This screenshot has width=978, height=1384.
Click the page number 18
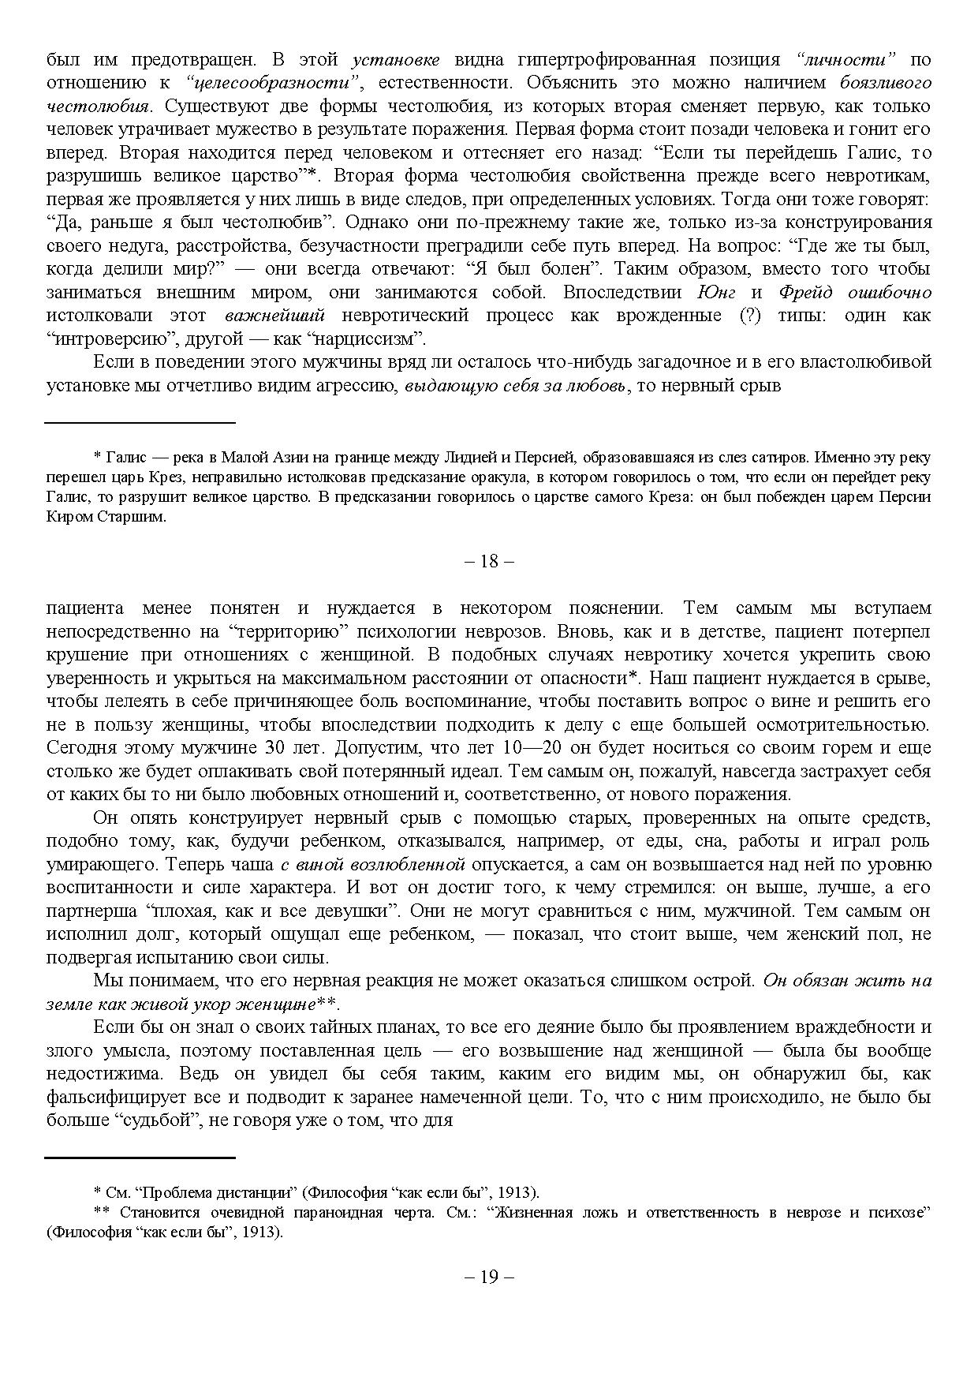click(x=489, y=562)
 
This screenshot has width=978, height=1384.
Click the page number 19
click(x=489, y=1277)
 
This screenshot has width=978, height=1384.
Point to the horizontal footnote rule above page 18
click(x=140, y=423)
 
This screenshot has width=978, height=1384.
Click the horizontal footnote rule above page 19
click(x=140, y=1158)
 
